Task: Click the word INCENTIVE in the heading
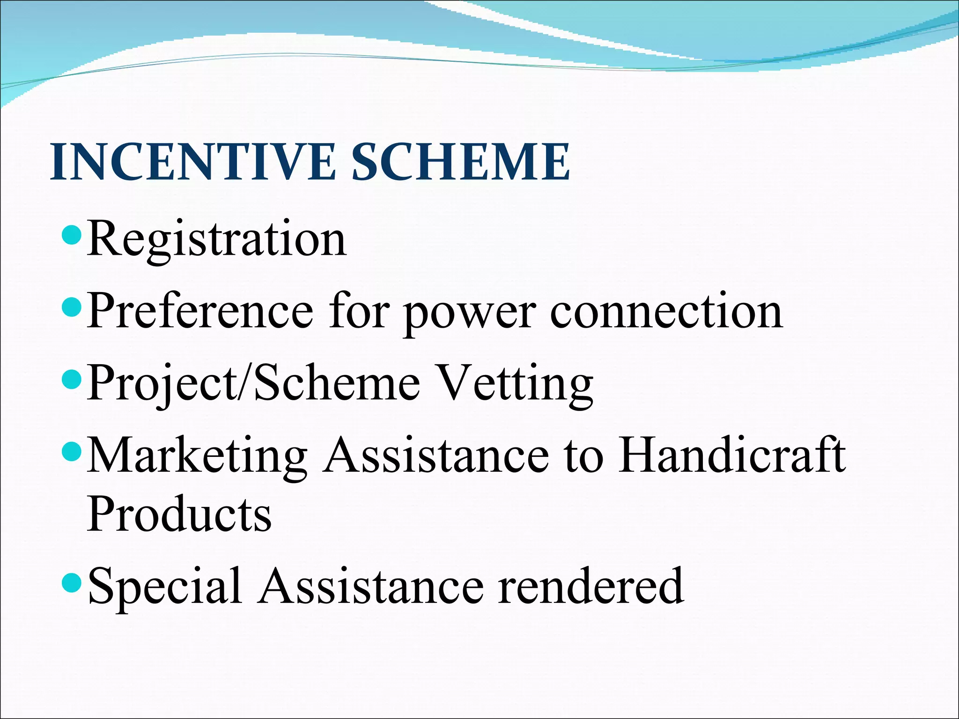click(x=192, y=162)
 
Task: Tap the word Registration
click(x=217, y=240)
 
